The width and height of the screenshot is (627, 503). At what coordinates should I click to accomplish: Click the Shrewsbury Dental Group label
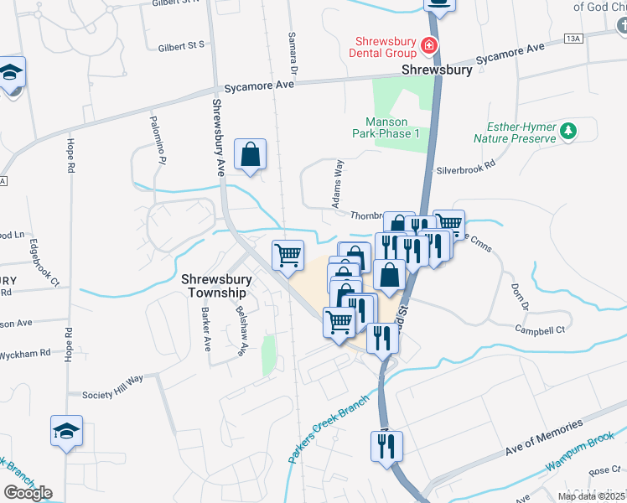(x=386, y=45)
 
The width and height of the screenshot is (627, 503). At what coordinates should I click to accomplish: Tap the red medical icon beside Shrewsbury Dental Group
(x=429, y=44)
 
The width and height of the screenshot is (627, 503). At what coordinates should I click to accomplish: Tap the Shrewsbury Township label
(x=215, y=286)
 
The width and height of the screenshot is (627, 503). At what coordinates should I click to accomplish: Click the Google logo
(x=28, y=493)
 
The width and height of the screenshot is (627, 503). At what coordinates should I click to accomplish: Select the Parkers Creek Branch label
(x=329, y=428)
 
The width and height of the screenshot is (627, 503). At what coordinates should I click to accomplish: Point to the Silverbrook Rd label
(x=466, y=169)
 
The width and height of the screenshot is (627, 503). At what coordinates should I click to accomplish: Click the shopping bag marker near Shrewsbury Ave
(x=250, y=154)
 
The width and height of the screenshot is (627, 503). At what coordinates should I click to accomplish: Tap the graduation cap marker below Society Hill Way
(x=67, y=432)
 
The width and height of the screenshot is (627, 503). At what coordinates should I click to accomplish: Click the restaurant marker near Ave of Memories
(x=386, y=446)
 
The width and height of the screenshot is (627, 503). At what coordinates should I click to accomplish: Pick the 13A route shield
(x=573, y=39)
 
